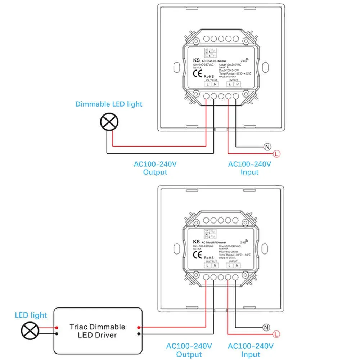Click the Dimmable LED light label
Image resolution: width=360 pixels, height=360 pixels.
coord(109,104)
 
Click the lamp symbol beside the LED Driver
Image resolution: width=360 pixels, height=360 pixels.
coord(30,330)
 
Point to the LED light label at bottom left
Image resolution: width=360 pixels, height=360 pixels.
coord(31,315)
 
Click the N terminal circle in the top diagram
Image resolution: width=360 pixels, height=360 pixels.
coord(267,147)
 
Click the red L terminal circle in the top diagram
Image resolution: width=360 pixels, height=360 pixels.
coord(276,154)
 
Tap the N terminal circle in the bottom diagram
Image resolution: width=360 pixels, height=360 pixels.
coord(267,328)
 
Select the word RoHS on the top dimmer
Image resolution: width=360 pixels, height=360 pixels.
coord(209,76)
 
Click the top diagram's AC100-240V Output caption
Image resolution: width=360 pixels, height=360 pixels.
coord(155,168)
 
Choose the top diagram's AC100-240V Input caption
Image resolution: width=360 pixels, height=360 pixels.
coord(249,168)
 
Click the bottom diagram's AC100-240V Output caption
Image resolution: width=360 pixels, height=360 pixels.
coord(189,350)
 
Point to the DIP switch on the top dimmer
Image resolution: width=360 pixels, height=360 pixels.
coord(207,53)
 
